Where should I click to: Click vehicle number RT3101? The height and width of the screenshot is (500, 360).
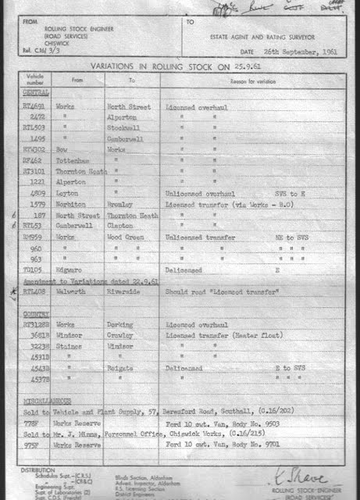(x=34, y=169)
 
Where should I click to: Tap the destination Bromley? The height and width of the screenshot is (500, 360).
(x=120, y=203)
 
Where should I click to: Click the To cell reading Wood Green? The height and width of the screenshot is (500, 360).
(x=124, y=236)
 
